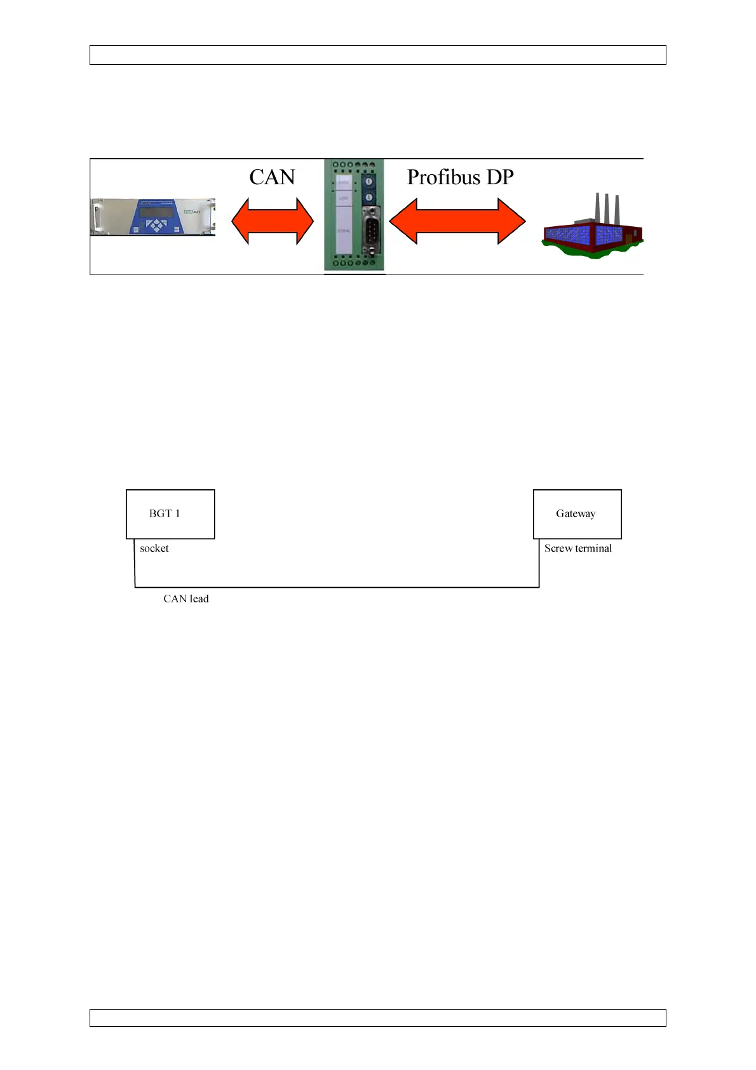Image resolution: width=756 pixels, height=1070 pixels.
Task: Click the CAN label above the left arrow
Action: point(272,177)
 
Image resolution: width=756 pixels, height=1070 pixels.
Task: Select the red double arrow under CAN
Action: point(272,221)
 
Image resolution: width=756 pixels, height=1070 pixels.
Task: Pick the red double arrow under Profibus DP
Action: point(457,221)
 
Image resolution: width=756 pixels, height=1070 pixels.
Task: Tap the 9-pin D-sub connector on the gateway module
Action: point(370,231)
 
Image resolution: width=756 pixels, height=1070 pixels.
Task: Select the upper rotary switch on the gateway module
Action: point(369,182)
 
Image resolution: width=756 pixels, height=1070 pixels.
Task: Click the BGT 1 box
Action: point(170,514)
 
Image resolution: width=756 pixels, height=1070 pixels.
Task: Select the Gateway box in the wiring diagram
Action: point(577,514)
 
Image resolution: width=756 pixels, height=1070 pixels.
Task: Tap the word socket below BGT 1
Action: point(154,548)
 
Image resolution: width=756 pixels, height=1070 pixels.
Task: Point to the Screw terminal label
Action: point(578,548)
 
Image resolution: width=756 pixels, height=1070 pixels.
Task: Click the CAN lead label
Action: point(186,599)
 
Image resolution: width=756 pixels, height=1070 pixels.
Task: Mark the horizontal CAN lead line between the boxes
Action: point(337,587)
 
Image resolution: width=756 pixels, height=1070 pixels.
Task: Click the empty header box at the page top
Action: point(377,55)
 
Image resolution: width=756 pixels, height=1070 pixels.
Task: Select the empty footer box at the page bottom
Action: point(377,1018)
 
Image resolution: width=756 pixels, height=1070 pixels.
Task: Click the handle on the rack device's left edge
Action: point(97,217)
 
